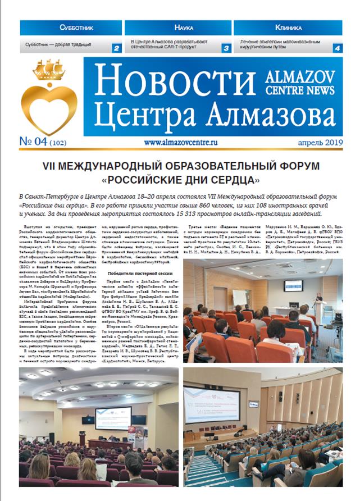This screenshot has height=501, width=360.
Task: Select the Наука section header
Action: [x=180, y=27]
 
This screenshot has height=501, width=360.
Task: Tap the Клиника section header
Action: [x=289, y=27]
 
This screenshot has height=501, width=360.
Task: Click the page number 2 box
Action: [x=116, y=48]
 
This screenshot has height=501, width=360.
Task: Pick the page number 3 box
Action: [x=226, y=48]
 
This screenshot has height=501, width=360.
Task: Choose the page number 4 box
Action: [x=337, y=48]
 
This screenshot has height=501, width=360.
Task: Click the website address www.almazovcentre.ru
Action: [x=180, y=143]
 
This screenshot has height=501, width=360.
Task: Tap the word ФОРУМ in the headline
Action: [x=302, y=166]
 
